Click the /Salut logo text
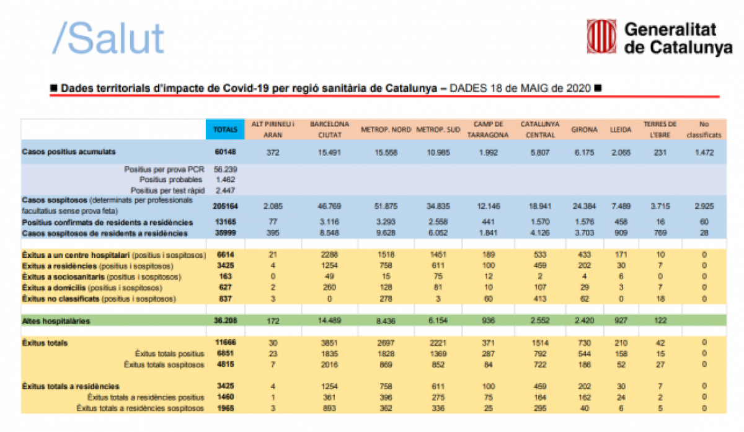pyautogui.click(x=109, y=38)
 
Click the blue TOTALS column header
pyautogui.click(x=224, y=130)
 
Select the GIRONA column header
pyautogui.click(x=584, y=130)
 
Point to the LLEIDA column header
pyautogui.click(x=621, y=130)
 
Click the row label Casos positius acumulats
pyautogui.click(x=69, y=151)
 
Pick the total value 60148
pyautogui.click(x=224, y=151)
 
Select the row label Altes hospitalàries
pyautogui.click(x=56, y=321)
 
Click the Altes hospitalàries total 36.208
pyautogui.click(x=224, y=321)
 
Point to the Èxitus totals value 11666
pyautogui.click(x=224, y=343)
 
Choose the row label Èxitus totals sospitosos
pyautogui.click(x=164, y=364)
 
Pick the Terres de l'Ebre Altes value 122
pyautogui.click(x=660, y=321)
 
